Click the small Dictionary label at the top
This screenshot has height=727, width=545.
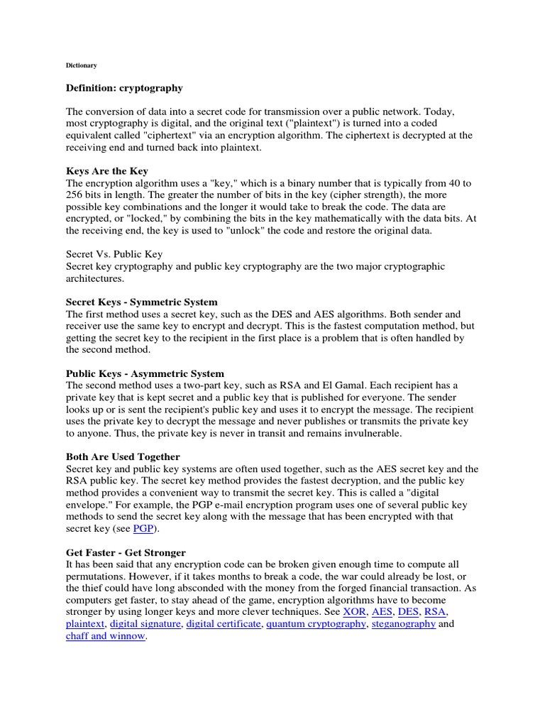click(x=81, y=65)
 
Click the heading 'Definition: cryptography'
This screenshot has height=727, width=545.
click(x=124, y=88)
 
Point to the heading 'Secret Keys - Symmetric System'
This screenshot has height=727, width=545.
click(x=142, y=302)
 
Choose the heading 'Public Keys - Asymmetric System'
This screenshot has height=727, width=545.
click(x=145, y=373)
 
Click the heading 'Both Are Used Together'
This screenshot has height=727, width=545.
click(x=123, y=457)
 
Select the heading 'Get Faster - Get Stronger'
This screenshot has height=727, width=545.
click(x=126, y=552)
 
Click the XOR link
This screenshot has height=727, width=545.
click(x=355, y=612)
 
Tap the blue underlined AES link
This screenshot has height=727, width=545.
click(x=382, y=612)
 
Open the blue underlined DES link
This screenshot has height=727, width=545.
click(x=409, y=612)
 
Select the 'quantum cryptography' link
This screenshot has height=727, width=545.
click(x=316, y=624)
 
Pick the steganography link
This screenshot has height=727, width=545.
click(x=403, y=624)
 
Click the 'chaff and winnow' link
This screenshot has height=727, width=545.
click(x=106, y=636)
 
